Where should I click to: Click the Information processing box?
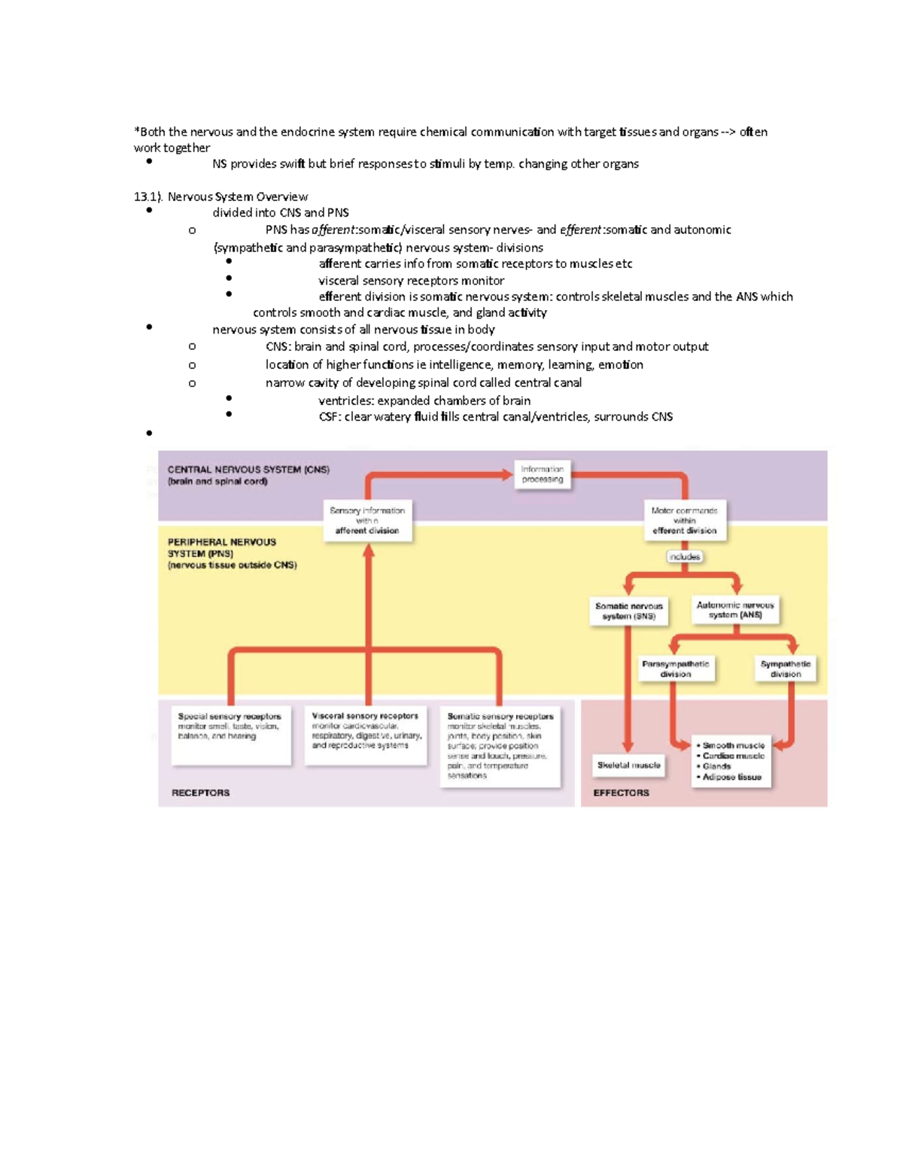click(x=542, y=474)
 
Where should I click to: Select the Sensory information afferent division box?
click(x=367, y=520)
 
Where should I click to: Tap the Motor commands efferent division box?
click(x=684, y=520)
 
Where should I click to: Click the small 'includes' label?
click(x=684, y=557)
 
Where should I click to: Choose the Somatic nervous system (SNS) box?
click(x=628, y=610)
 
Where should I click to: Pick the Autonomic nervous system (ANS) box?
click(x=734, y=610)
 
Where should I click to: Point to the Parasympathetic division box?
click(x=675, y=668)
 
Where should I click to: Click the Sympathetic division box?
click(x=785, y=668)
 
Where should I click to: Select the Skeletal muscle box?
click(x=628, y=765)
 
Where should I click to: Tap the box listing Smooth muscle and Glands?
click(x=731, y=761)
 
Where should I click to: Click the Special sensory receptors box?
click(x=230, y=734)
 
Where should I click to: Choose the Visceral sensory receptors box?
click(x=366, y=734)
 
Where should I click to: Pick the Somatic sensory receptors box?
click(x=500, y=746)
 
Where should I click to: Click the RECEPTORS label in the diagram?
click(x=200, y=793)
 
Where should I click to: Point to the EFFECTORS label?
click(x=621, y=793)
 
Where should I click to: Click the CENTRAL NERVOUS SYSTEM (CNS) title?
click(x=248, y=470)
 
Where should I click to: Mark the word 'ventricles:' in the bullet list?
click(x=345, y=400)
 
